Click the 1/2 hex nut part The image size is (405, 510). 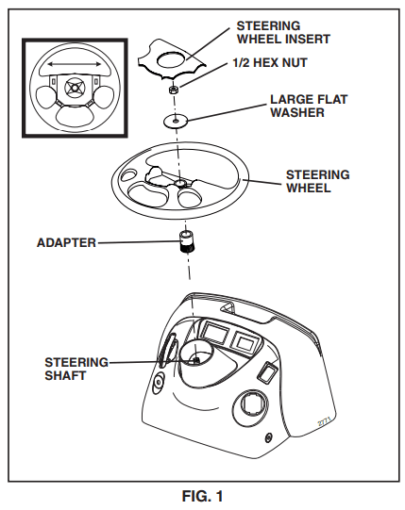pyautogui.click(x=174, y=90)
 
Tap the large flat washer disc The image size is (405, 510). pyautogui.click(x=176, y=121)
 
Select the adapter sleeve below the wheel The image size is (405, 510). pyautogui.click(x=187, y=242)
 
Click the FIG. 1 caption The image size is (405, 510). pyautogui.click(x=202, y=497)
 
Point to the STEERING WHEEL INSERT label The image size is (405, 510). pyautogui.click(x=283, y=32)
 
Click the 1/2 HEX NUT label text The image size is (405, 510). pyautogui.click(x=270, y=62)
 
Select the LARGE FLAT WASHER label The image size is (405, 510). pyautogui.click(x=309, y=106)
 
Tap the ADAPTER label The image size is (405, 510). pyautogui.click(x=66, y=243)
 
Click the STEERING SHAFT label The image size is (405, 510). pyautogui.click(x=76, y=369)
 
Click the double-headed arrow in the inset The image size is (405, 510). pyautogui.click(x=75, y=65)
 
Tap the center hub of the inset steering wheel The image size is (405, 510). pyautogui.click(x=75, y=88)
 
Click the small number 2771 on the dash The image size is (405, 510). pyautogui.click(x=324, y=421)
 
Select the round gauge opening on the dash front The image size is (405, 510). pyautogui.click(x=250, y=405)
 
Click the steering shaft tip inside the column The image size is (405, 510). pyautogui.click(x=196, y=360)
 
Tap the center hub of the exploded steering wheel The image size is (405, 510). pyautogui.click(x=180, y=183)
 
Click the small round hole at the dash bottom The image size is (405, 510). pyautogui.click(x=268, y=437)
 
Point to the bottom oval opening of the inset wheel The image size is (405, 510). pyautogui.click(x=75, y=116)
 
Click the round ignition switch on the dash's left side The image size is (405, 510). pyautogui.click(x=159, y=383)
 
